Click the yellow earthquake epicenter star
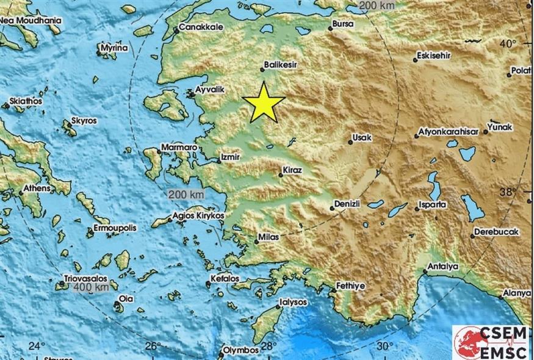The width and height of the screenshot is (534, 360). click(x=264, y=102)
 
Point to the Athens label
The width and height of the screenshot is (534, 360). click(x=38, y=189)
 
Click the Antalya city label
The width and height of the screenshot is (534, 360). click(x=443, y=267)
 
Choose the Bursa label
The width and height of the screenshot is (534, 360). click(x=342, y=26)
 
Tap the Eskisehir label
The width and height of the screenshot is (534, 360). click(x=433, y=56)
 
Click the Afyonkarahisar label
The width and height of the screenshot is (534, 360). click(x=447, y=132)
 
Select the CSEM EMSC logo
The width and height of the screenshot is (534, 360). click(x=491, y=342)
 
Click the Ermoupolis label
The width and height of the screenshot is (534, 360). click(x=115, y=228)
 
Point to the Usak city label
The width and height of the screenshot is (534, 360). click(x=362, y=138)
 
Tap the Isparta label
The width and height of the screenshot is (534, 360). click(x=433, y=204)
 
